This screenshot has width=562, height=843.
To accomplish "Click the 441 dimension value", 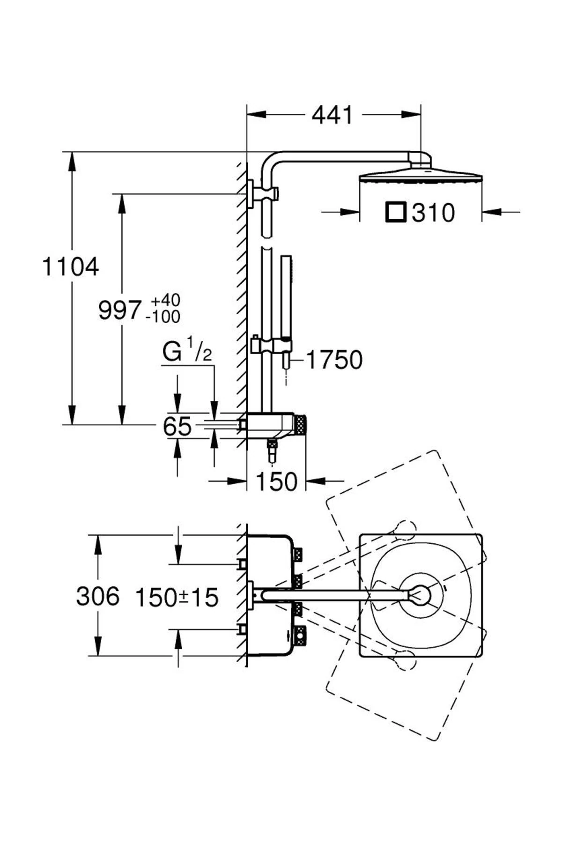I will point(332,115).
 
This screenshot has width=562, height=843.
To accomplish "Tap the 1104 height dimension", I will point(70,267).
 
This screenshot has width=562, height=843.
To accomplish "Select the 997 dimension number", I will point(119,311).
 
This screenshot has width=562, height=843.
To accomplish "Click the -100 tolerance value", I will point(163,317).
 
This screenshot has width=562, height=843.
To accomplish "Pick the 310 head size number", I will point(433,213).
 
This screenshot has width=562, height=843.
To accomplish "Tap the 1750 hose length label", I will point(334,360).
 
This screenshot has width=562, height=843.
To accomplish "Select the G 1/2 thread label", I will point(186,352).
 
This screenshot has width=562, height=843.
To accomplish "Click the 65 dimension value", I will point(177,427).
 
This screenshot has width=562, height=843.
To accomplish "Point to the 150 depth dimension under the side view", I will point(276,481).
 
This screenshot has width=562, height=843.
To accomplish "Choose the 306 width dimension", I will point(97,597).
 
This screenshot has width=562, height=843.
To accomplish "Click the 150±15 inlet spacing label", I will point(177,598).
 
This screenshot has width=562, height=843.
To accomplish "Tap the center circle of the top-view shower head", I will point(421,595).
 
